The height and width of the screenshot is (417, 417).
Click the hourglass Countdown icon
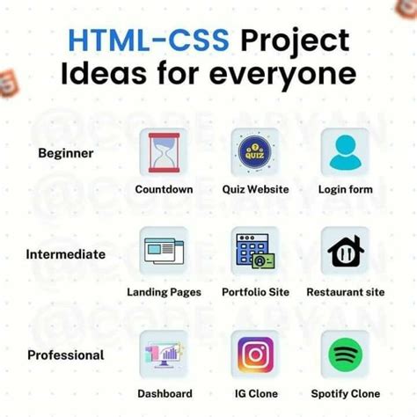point(164,151)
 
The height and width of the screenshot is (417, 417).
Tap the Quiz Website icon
point(254,151)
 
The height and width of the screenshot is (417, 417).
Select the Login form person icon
point(345,151)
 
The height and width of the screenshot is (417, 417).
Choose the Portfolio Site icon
point(254,251)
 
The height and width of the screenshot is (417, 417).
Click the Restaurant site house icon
point(345,251)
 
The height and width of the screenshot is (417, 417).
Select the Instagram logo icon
point(254,355)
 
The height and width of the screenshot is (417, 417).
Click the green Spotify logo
point(345,355)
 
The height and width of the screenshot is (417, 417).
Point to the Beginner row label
point(66,153)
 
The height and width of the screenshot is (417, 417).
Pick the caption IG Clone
point(254,393)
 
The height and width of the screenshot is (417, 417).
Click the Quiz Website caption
point(254,189)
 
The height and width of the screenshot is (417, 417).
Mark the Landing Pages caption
point(164,292)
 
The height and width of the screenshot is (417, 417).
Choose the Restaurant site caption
point(345,292)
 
